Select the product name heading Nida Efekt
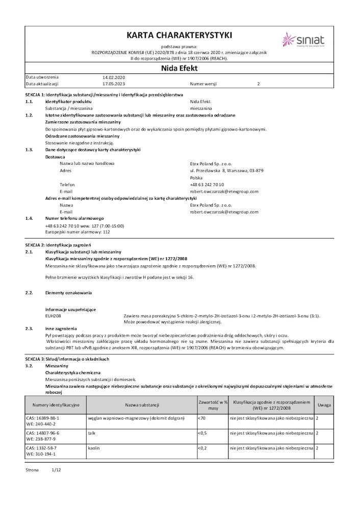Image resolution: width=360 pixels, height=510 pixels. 179,68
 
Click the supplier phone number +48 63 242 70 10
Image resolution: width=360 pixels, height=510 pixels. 207,185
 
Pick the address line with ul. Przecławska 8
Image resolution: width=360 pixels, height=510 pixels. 226,170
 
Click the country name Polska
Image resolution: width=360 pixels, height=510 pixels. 196,177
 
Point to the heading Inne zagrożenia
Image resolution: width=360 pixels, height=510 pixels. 61,328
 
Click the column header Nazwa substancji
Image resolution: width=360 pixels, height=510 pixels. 142,405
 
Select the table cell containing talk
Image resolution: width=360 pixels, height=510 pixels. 92,432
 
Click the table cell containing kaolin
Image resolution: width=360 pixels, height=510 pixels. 93,447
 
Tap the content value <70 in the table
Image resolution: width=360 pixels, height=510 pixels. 202,418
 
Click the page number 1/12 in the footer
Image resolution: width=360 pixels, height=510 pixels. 57,470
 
